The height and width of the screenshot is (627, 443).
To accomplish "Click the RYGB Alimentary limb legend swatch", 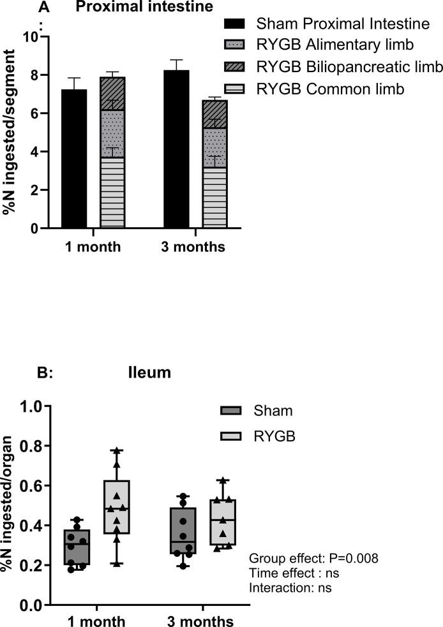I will pyautogui.click(x=235, y=46).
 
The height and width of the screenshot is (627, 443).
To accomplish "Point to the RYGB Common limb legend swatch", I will pyautogui.click(x=235, y=89).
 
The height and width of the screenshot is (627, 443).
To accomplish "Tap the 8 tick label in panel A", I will pyautogui.click(x=27, y=75).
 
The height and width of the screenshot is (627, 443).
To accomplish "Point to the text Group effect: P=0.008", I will pyautogui.click(x=313, y=558).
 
